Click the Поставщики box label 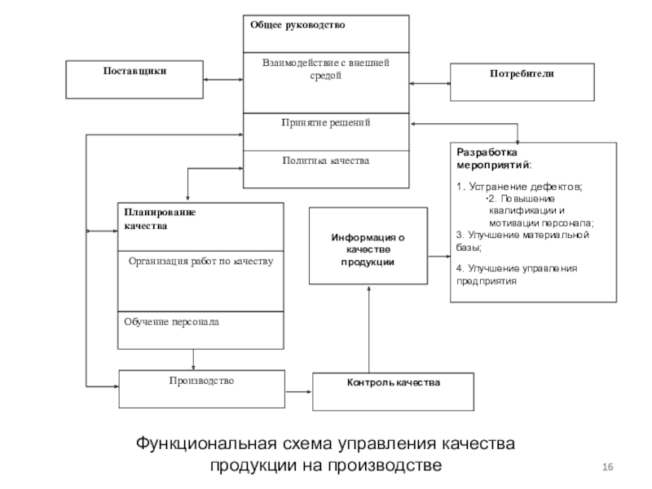(134, 71)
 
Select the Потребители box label (522, 73)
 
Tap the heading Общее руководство (297, 25)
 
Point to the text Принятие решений (326, 123)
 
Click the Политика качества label (326, 161)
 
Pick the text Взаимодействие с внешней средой (326, 69)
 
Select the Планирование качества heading (160, 219)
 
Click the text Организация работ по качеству (200, 261)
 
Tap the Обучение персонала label (171, 322)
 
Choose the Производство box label (201, 381)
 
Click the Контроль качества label (394, 382)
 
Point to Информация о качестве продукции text (368, 249)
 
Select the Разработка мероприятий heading (494, 158)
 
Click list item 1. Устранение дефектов (519, 187)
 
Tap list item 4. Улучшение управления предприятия (517, 275)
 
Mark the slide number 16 (607, 467)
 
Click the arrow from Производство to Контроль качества (298, 392)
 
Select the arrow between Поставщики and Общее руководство (223, 79)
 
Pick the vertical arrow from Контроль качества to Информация (369, 329)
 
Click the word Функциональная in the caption (206, 443)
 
